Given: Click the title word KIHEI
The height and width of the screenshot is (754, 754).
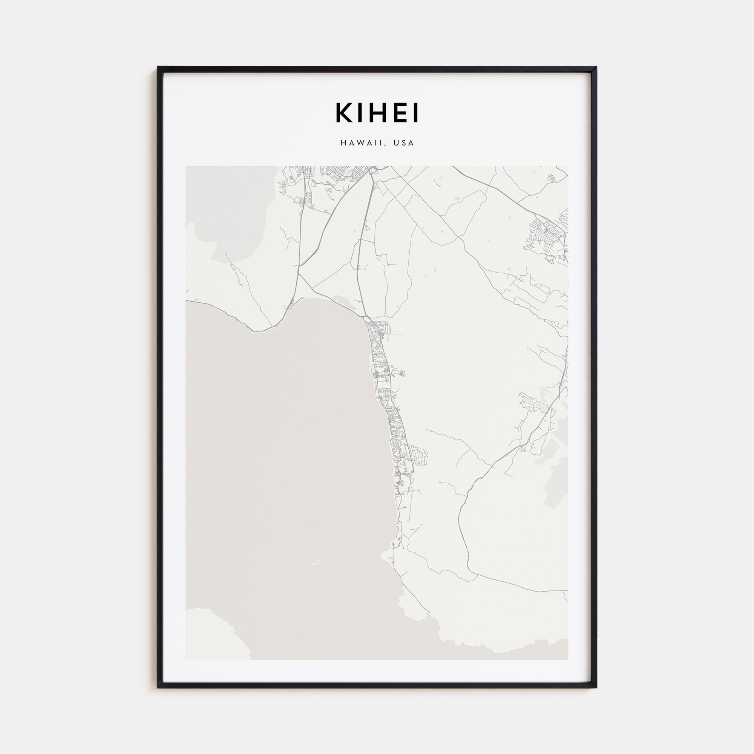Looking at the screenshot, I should click(377, 113).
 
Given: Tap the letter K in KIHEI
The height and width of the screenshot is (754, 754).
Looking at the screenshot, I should click(342, 113).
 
